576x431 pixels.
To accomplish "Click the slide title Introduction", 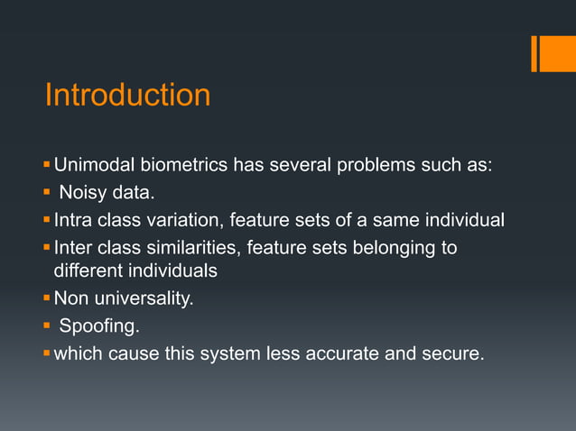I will (x=127, y=95).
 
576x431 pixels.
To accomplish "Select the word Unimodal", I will (x=92, y=165).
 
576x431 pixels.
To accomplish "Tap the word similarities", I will (x=191, y=248).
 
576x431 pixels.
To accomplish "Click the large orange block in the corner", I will (x=558, y=53).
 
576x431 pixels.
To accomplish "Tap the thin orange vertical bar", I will (x=534, y=53).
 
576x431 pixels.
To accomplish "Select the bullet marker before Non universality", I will (x=48, y=298).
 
